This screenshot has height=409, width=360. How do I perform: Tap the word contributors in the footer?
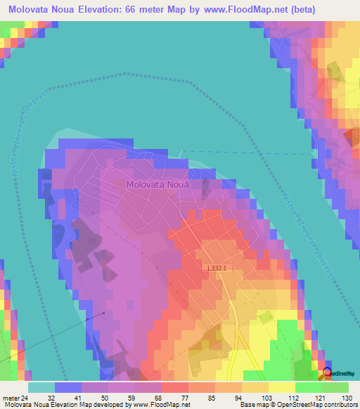[338, 405]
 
